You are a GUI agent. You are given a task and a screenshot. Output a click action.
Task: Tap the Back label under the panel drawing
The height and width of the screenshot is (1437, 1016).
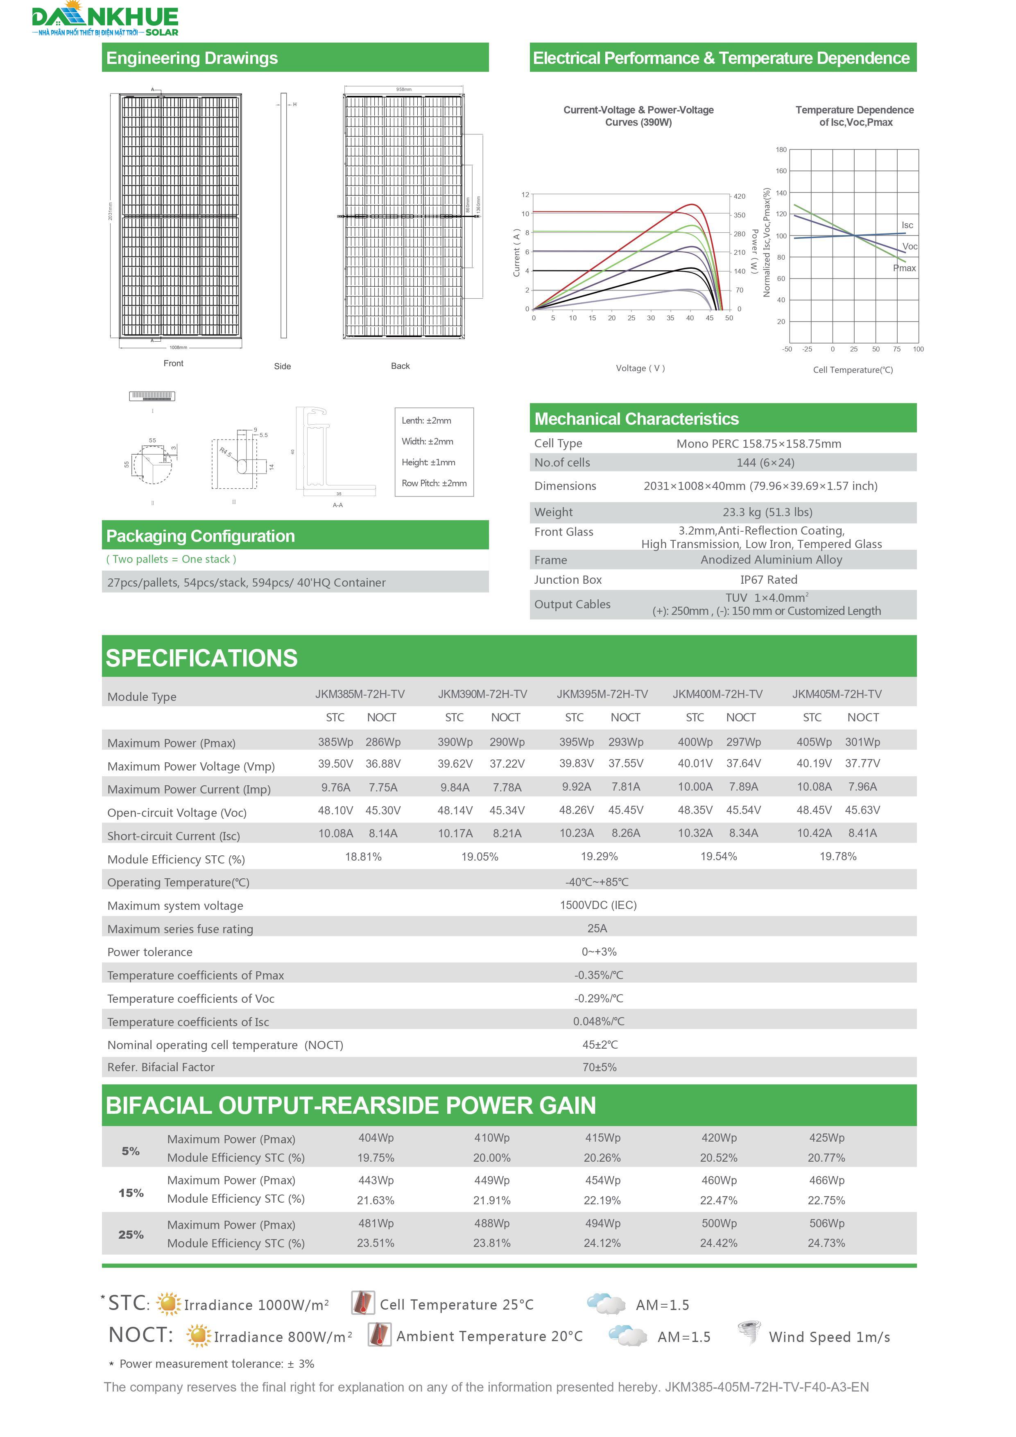tap(401, 366)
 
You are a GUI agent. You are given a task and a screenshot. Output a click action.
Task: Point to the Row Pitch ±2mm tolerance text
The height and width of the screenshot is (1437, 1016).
tap(434, 483)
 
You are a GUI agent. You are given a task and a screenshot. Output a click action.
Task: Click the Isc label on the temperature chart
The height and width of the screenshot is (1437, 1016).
tap(907, 225)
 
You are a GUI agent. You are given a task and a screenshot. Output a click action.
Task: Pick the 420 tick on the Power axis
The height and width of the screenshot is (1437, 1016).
tap(740, 197)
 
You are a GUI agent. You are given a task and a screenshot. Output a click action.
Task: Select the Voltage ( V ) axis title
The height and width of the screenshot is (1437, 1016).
tap(640, 368)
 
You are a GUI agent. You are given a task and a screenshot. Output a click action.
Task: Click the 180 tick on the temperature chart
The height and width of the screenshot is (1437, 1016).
tap(781, 150)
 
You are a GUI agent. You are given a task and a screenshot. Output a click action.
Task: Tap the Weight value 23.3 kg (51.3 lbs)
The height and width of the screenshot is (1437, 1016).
tap(767, 512)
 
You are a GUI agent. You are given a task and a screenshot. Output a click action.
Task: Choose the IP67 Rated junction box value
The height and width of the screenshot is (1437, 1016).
tap(768, 580)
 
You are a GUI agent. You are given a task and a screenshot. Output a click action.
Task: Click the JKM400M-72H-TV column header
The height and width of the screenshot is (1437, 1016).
tap(717, 694)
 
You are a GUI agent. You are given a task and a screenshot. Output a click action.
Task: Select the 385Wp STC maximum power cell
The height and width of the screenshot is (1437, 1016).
tap(335, 742)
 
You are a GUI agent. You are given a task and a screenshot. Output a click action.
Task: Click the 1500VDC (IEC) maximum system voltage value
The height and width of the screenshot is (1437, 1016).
tap(598, 905)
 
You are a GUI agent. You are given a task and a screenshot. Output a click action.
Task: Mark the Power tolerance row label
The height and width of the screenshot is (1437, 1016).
tap(150, 952)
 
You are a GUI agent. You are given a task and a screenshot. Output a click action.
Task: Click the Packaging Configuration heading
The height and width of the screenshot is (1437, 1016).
tap(200, 536)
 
